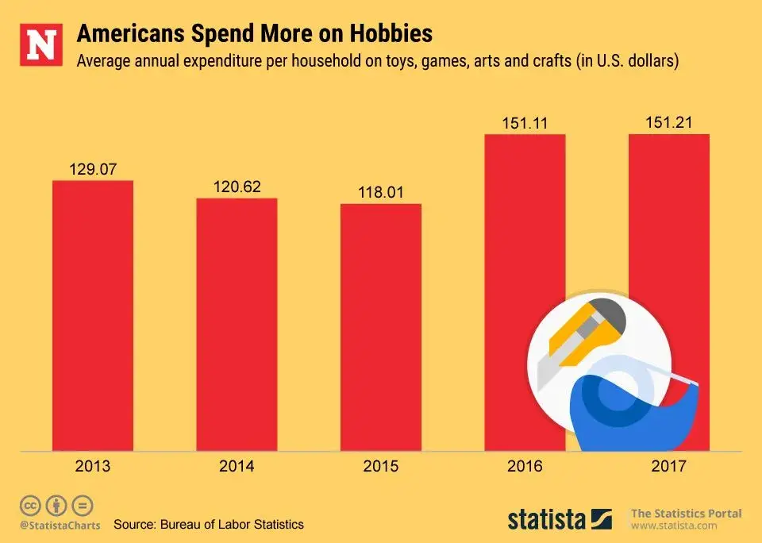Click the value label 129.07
(x=93, y=169)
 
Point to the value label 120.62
(x=237, y=187)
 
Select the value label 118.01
(x=381, y=192)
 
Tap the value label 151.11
(x=525, y=123)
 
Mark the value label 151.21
(x=668, y=123)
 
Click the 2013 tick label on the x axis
(x=93, y=466)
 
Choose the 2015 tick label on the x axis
(x=381, y=466)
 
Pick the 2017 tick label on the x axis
(x=668, y=466)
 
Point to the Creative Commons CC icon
(x=31, y=505)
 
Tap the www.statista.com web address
(x=674, y=526)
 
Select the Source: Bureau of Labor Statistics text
(x=209, y=525)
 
